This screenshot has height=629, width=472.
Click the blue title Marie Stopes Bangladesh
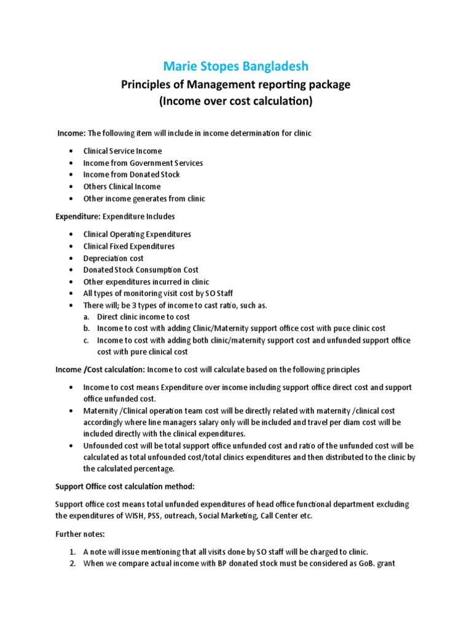(x=235, y=66)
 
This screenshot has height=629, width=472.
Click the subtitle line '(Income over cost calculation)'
(x=235, y=101)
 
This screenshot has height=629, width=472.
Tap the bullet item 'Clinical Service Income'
(x=122, y=151)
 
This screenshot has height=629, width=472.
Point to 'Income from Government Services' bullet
(x=143, y=163)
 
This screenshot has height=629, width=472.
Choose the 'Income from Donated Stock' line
(x=132, y=174)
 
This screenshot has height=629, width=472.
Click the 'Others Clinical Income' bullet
(x=122, y=186)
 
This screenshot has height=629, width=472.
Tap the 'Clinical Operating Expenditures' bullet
(x=137, y=234)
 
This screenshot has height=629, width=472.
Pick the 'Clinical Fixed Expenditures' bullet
(x=129, y=246)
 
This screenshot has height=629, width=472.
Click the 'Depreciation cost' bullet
(x=114, y=258)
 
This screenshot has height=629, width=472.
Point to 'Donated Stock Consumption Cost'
(x=141, y=270)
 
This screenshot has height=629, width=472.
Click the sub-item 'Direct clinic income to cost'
(x=143, y=317)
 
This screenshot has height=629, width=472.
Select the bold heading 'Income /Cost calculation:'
(x=100, y=370)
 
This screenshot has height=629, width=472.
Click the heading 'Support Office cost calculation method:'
(x=125, y=486)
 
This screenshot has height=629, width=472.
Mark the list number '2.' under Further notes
(x=73, y=563)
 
